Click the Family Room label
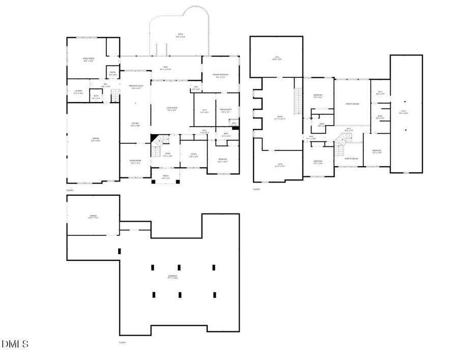click(x=89, y=59)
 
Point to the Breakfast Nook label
click(x=135, y=86)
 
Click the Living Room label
click(x=172, y=108)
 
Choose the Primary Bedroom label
click(x=220, y=76)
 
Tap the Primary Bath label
click(x=226, y=110)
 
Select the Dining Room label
click(x=135, y=162)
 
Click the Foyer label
click(x=167, y=155)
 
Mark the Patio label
click(x=181, y=36)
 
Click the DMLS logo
click(x=15, y=344)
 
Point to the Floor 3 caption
click(x=256, y=190)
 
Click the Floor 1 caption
click(x=122, y=343)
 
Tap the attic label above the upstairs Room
click(x=277, y=58)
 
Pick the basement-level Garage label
click(x=93, y=217)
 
